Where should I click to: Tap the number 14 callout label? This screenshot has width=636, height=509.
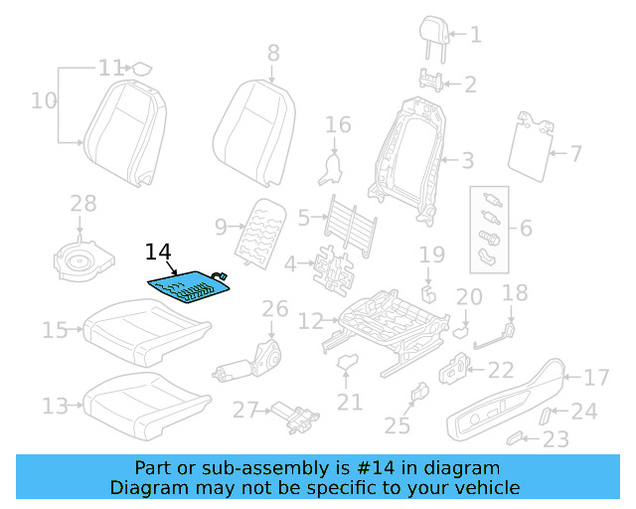(159, 253)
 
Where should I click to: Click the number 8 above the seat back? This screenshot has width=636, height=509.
(273, 53)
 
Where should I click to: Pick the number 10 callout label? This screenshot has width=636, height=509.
(44, 99)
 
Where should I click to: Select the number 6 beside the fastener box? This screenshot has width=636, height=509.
(526, 228)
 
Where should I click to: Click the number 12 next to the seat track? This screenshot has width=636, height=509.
(311, 320)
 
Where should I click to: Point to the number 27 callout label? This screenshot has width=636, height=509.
(245, 410)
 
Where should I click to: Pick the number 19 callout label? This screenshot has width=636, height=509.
(431, 255)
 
